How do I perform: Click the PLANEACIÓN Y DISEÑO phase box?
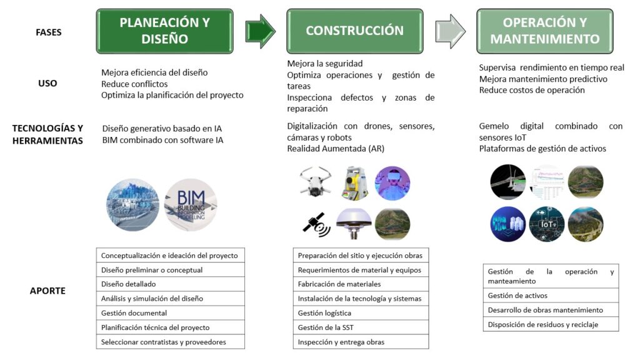point(164,31)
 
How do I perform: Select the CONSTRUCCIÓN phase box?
point(354,31)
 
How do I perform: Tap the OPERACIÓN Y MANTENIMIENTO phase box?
point(544,31)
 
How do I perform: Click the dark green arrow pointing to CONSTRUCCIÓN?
point(260,31)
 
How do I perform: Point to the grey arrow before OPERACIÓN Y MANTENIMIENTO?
point(450,31)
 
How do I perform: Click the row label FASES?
point(48,31)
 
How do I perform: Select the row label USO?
point(47,83)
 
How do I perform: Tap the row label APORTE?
point(47,291)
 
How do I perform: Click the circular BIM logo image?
point(191,205)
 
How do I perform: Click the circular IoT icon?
point(547,224)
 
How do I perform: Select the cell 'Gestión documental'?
point(170,313)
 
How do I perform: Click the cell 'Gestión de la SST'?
point(361,327)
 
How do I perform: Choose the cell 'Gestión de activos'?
point(551,296)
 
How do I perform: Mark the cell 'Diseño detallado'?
point(170,284)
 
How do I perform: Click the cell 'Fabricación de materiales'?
point(361,284)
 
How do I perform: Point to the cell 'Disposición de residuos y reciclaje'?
point(551,324)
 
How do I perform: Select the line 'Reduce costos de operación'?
point(532,90)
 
